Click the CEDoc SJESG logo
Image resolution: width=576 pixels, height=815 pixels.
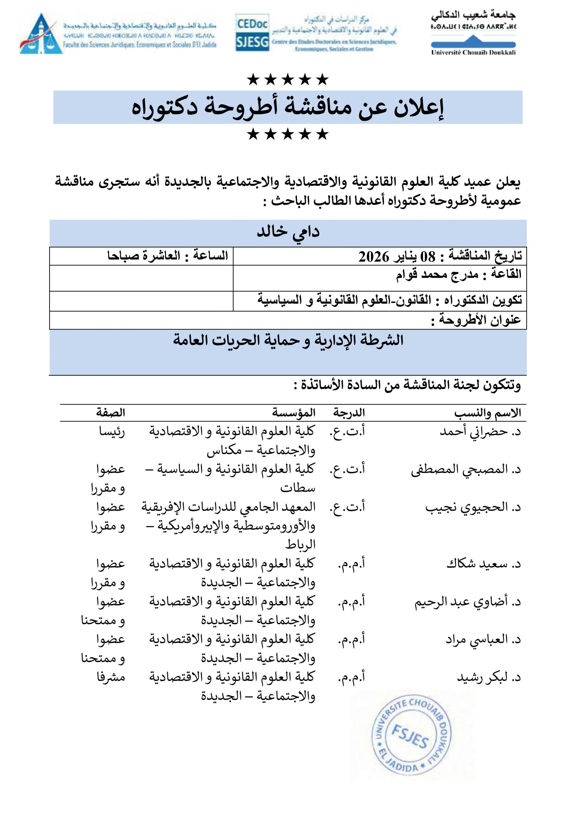[x=252, y=33]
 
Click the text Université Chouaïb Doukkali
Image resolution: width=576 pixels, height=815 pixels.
[x=473, y=53]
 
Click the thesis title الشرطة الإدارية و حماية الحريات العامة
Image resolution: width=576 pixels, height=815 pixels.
[x=288, y=340]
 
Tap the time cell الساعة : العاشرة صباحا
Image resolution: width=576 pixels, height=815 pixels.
[x=167, y=256]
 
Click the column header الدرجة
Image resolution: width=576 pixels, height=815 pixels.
[x=349, y=413]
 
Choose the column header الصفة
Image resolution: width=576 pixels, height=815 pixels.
[x=110, y=413]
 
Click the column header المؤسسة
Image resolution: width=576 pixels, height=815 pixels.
[x=294, y=413]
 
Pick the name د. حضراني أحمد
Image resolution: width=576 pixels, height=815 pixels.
[x=480, y=432]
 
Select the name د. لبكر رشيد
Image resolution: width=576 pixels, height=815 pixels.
[x=489, y=678]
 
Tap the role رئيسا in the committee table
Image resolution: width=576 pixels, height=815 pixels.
[x=112, y=432]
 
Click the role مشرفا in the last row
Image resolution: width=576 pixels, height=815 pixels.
[x=111, y=678]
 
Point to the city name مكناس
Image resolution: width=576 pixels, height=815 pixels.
[x=224, y=451]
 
